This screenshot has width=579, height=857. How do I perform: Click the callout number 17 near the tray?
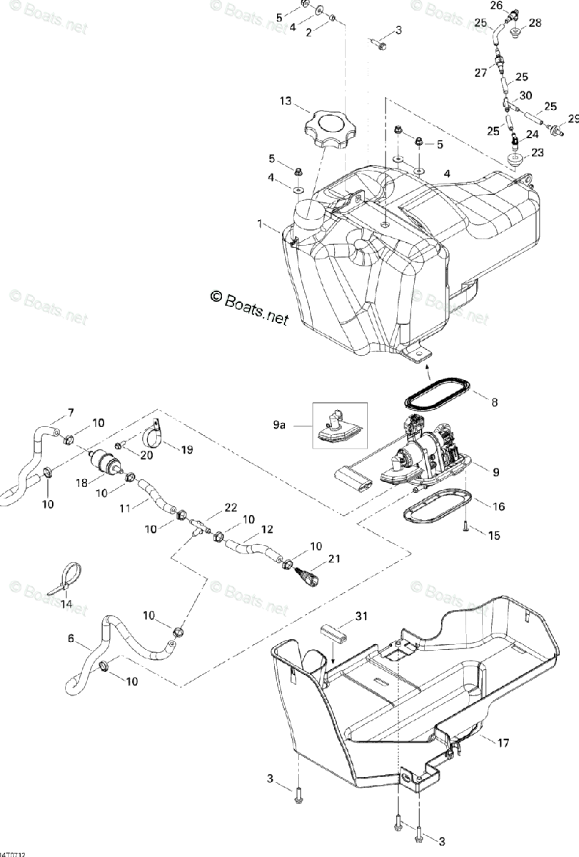503,743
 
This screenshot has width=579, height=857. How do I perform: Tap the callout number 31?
361,616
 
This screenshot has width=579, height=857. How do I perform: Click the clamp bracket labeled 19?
155,433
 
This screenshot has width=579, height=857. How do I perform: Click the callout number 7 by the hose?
71,412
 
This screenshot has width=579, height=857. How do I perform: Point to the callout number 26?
497,6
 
